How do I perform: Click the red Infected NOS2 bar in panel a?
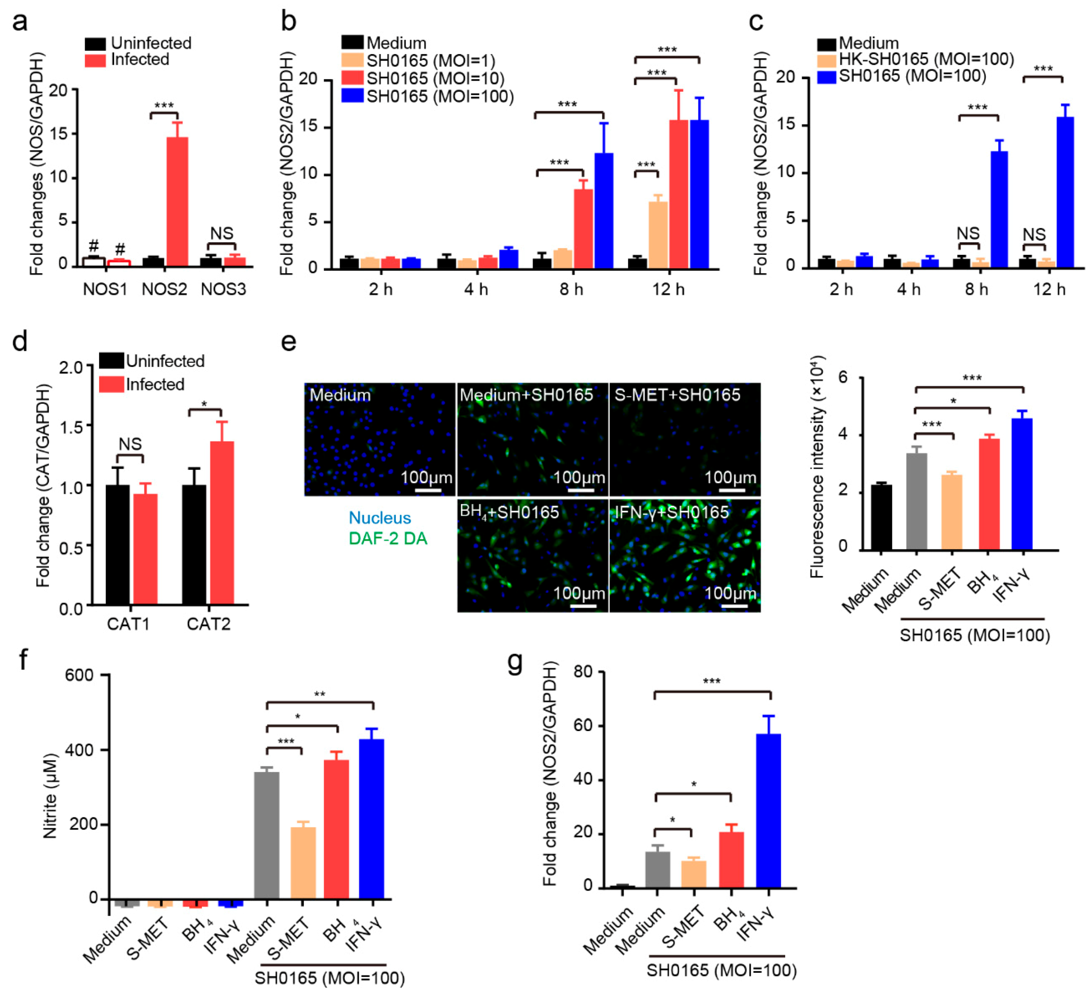point(177,201)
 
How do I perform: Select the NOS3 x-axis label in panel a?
point(223,289)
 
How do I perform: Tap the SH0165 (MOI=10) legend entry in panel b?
point(428,79)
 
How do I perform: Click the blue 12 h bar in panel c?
point(1065,192)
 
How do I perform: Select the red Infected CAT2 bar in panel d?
point(222,522)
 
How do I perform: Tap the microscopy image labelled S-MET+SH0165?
point(685,439)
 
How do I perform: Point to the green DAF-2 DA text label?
point(388,538)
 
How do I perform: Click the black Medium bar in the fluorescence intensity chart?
point(881,517)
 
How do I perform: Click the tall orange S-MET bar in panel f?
point(303,863)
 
